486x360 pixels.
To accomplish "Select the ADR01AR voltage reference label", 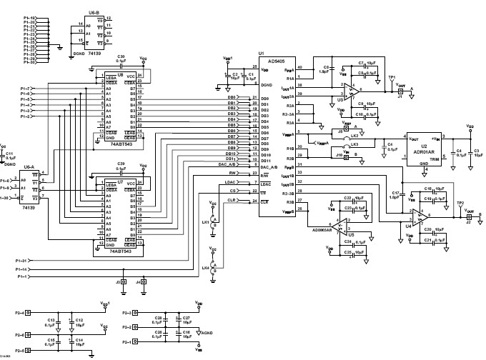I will click(x=420, y=151).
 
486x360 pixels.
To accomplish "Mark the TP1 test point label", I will click(x=392, y=76).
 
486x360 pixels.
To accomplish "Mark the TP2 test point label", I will click(x=460, y=202).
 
